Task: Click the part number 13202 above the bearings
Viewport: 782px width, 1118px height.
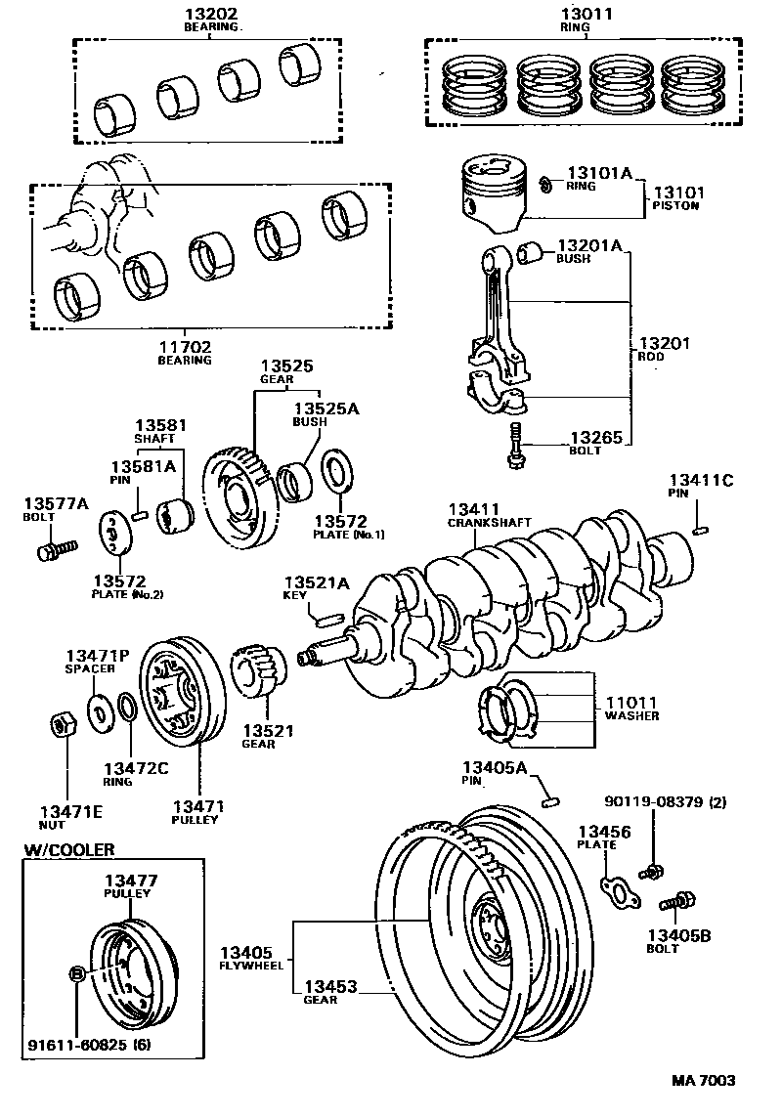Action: pos(211,15)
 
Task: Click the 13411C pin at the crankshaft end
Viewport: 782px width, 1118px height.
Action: pos(700,531)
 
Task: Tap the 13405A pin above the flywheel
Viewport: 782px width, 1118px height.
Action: pos(550,800)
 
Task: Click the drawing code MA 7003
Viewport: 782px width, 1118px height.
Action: pos(703,1080)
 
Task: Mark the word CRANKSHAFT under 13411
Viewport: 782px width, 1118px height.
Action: pos(489,523)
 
